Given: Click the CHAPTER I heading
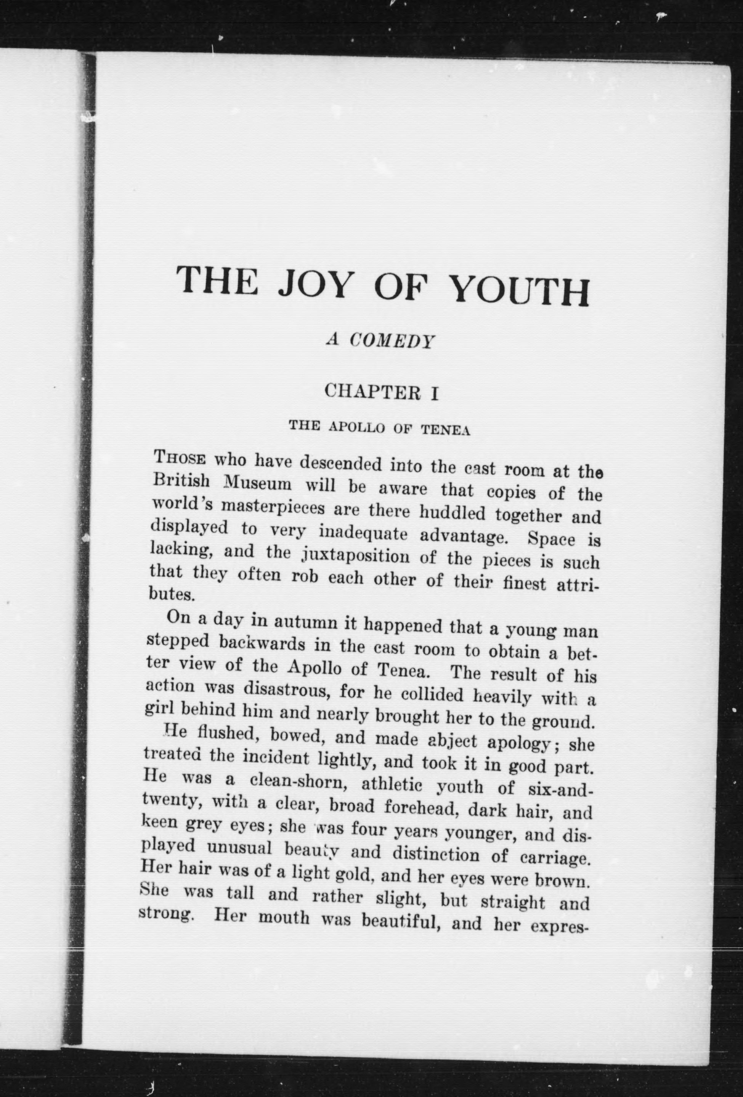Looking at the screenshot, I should tap(382, 392).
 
